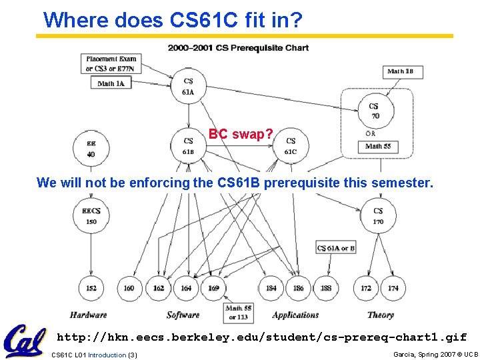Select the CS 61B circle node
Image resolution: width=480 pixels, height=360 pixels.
[188, 146]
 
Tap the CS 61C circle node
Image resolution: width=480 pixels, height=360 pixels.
[291, 146]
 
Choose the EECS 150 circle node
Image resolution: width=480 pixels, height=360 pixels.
[91, 216]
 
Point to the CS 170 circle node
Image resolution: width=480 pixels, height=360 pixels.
[377, 216]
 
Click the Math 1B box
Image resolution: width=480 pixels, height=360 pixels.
[404, 71]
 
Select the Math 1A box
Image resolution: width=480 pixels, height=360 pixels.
[111, 83]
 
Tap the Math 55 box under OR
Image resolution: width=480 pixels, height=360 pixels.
[377, 146]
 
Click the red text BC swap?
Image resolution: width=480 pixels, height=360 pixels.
[241, 134]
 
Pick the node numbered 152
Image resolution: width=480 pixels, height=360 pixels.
[91, 288]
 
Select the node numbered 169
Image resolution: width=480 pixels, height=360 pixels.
[213, 288]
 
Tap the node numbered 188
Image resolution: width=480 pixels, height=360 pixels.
[325, 288]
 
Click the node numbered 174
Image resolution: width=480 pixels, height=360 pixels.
[393, 288]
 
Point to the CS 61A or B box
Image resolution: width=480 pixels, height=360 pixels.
[336, 248]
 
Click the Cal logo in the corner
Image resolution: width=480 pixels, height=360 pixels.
[25, 340]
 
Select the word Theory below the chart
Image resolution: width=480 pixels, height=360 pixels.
[380, 315]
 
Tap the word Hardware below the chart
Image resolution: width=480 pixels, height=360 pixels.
[88, 315]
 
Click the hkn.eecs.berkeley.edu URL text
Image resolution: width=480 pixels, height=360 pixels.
[261, 337]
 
